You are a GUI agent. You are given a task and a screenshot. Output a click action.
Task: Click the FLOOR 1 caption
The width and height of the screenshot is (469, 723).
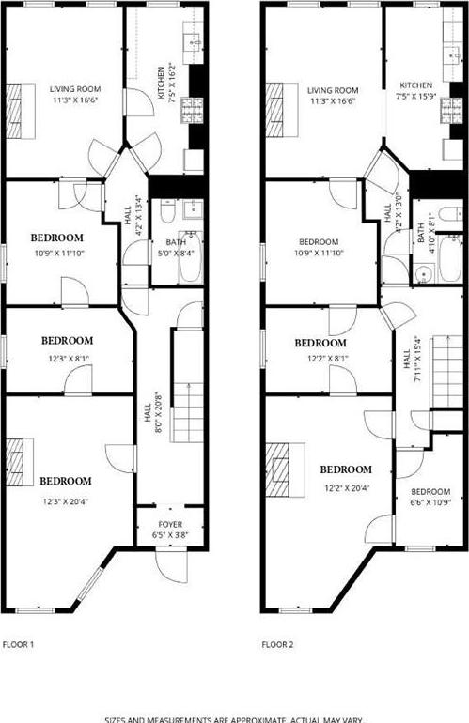(x=19, y=645)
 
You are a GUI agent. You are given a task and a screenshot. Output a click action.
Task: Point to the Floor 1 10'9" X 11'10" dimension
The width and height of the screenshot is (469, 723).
(x=58, y=252)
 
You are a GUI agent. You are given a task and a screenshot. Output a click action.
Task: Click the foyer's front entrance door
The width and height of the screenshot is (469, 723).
(x=166, y=565)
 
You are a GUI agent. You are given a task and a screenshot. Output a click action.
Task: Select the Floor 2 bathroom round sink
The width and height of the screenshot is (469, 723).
(x=423, y=275)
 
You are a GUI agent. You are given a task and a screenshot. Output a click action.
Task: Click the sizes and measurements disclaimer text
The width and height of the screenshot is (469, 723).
(x=233, y=718)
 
